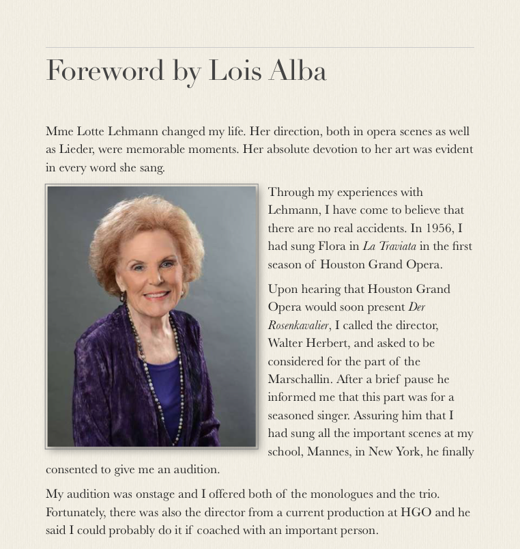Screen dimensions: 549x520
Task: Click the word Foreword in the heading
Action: [x=105, y=71]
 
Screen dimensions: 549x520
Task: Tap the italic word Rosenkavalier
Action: [x=298, y=325]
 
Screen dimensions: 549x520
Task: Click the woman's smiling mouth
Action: [x=156, y=294]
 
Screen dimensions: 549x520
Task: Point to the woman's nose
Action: [x=154, y=277]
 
